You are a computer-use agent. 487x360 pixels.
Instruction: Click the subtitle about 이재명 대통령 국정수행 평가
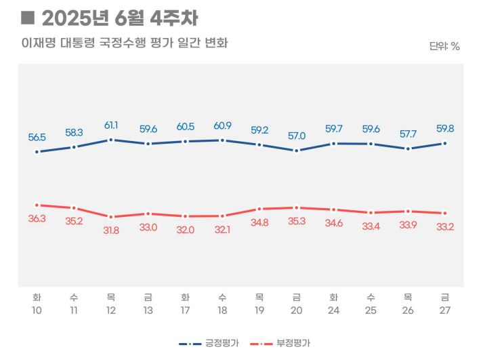[124, 43]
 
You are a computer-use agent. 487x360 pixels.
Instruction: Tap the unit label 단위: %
[444, 46]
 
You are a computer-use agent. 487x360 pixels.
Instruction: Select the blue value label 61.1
[111, 125]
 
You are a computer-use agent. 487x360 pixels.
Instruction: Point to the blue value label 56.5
[37, 137]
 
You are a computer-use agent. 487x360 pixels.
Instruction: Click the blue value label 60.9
[222, 126]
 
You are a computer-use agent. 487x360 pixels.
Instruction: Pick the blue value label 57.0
[296, 136]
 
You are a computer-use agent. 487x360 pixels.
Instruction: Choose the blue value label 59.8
[444, 129]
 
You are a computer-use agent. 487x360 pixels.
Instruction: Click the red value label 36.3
[37, 219]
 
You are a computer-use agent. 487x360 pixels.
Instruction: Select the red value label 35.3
[296, 221]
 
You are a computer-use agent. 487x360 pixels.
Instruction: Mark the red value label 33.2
[444, 226]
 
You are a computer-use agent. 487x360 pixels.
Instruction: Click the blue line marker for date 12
[111, 140]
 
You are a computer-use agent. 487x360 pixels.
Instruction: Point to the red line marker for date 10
[37, 205]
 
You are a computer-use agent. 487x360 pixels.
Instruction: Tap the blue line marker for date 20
[296, 151]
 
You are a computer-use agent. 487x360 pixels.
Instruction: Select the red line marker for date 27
[444, 214]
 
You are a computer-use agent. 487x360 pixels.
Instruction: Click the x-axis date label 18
[222, 310]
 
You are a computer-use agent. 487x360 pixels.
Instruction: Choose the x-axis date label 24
[333, 310]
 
